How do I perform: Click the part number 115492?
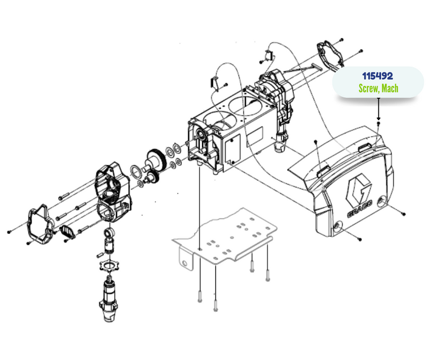click(378, 76)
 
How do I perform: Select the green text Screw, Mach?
click(379, 88)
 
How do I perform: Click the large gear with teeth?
click(157, 160)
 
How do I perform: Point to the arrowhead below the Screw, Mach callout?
click(379, 118)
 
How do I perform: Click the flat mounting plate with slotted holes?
click(224, 235)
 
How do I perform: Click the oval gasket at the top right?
click(330, 54)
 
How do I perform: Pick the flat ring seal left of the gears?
click(136, 172)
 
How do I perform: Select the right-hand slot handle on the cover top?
click(365, 148)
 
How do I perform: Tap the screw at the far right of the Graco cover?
click(403, 214)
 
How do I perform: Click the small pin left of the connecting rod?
click(100, 255)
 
